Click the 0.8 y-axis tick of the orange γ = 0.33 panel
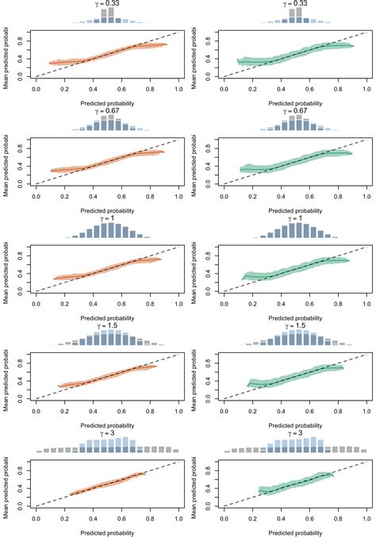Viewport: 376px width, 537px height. click(x=17, y=41)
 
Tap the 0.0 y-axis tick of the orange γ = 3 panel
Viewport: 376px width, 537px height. click(x=17, y=504)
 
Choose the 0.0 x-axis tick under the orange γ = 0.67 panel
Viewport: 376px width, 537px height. click(x=36, y=196)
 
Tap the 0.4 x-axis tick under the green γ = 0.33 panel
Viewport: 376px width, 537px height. click(x=282, y=89)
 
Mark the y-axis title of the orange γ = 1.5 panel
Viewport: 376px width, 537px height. click(x=6, y=375)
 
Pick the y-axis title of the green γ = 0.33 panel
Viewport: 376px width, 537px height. click(x=194, y=54)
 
